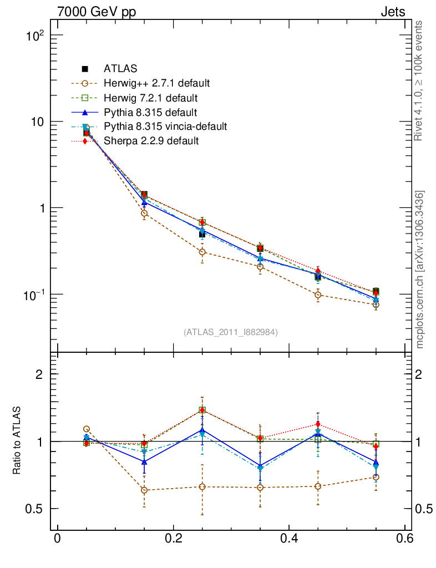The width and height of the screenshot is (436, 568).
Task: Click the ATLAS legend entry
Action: coord(120,69)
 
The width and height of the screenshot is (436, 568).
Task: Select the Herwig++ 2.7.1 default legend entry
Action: coord(156,84)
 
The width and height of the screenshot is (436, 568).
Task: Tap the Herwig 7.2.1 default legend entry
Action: coord(150,98)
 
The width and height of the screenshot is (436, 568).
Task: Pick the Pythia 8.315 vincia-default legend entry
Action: coord(165,126)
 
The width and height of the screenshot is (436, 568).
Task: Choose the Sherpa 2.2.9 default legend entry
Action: coord(151,141)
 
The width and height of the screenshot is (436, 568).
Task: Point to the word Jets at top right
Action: coord(392,12)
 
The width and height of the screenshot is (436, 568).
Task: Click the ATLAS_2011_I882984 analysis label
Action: coord(230,332)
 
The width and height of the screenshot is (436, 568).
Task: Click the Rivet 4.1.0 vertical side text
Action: coord(419,80)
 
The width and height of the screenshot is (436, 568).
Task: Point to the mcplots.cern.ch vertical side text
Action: coord(420,270)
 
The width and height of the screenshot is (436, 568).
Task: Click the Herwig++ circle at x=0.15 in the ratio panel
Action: coord(144,490)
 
